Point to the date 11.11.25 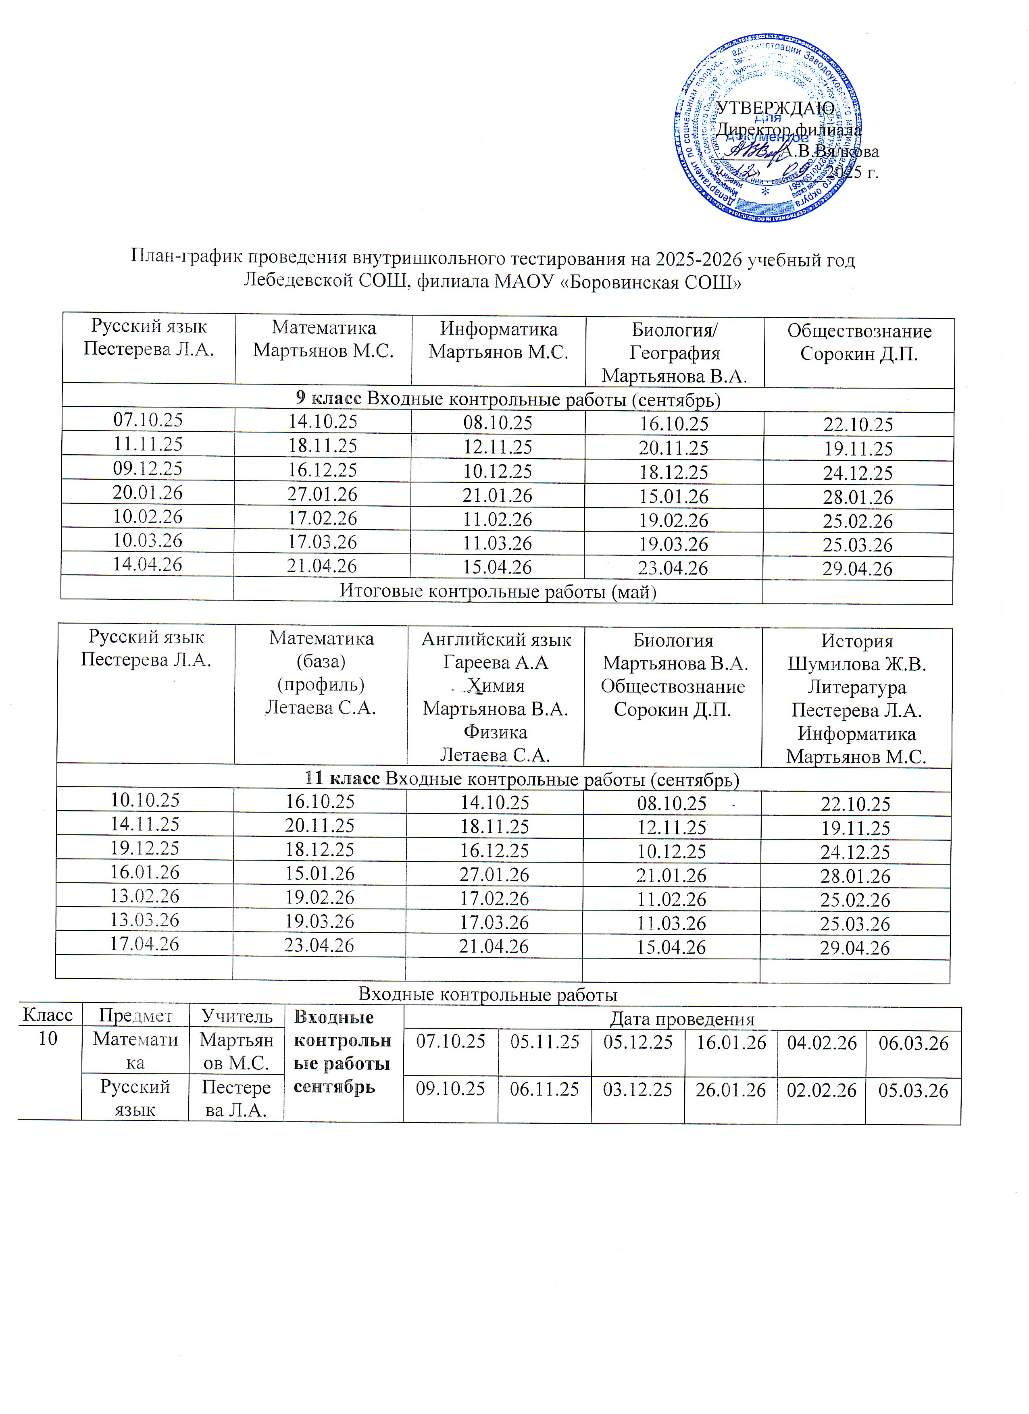tap(148, 444)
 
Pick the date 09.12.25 tap(148, 468)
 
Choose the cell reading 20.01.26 tap(148, 493)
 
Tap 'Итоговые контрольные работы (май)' tap(498, 591)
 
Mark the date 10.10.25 tap(145, 800)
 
